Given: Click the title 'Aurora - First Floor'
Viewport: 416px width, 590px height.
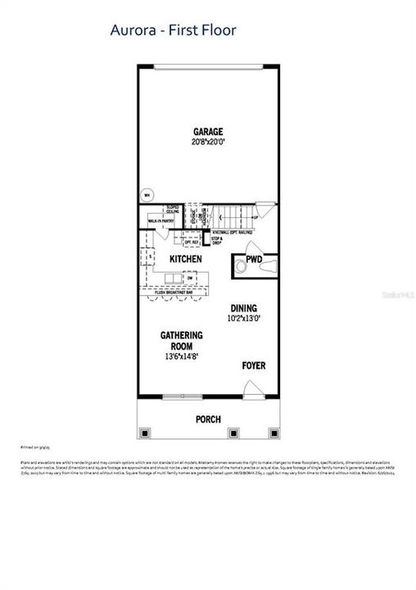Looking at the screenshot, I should (x=173, y=31).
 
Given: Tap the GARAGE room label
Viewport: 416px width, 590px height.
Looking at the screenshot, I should (x=207, y=131).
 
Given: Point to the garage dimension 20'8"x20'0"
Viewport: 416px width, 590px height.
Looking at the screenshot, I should (x=207, y=142).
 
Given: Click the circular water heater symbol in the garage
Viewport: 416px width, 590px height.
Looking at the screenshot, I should (x=146, y=195).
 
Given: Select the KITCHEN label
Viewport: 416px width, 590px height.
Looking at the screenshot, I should (x=185, y=259).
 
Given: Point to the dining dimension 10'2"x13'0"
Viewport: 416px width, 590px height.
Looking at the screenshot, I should (x=245, y=319).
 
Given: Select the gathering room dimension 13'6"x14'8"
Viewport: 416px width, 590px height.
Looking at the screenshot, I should (x=182, y=356).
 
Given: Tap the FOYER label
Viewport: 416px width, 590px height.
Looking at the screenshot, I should (x=253, y=365).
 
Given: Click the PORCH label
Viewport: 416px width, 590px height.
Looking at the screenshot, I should (x=208, y=419).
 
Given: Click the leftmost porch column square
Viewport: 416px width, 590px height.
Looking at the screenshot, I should (x=146, y=433).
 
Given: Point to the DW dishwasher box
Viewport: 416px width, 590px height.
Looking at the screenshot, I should (x=190, y=279).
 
